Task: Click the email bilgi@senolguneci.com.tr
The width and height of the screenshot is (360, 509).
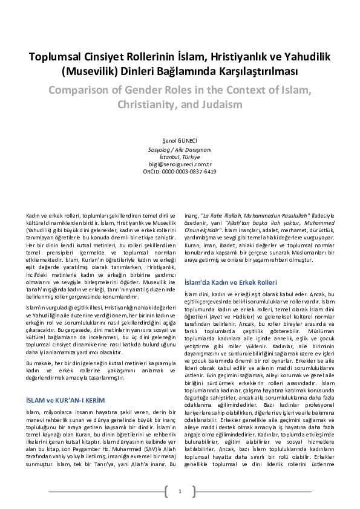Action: pos(180,164)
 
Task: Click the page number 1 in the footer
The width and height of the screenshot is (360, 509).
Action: pos(180,491)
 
